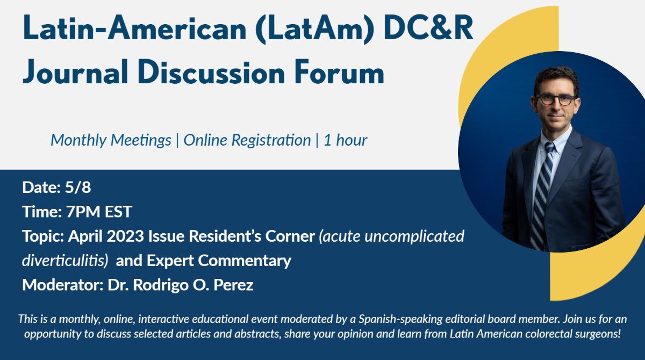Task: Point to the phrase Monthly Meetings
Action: [111, 140]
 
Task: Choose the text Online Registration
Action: [247, 140]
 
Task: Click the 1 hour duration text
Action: [345, 140]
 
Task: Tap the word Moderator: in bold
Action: [59, 285]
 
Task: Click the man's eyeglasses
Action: [553, 99]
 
